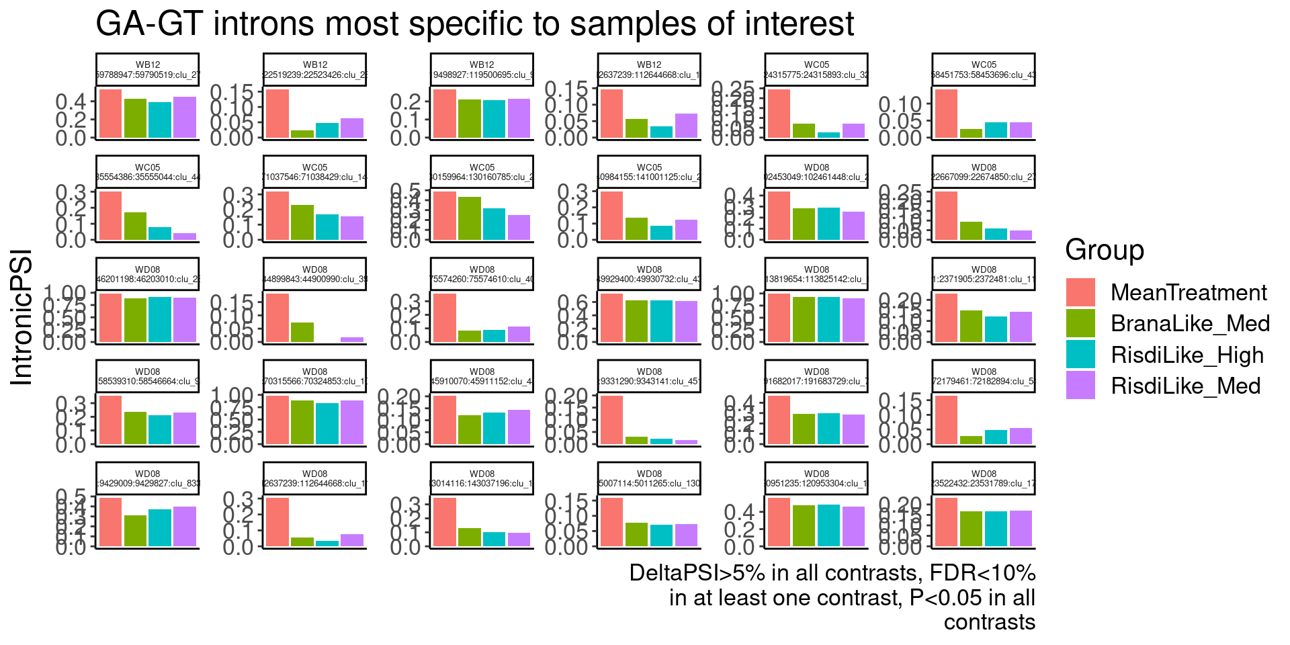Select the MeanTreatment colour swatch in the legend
(x=1080, y=292)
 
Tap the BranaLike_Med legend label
(x=1190, y=323)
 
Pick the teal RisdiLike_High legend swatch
(x=1080, y=354)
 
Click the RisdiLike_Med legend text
(x=1186, y=386)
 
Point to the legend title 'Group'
(x=1105, y=250)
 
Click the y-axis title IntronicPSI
(x=21, y=317)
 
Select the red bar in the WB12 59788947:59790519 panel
(x=110, y=114)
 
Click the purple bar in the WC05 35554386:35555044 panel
(x=185, y=236)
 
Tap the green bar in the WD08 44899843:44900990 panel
(x=302, y=332)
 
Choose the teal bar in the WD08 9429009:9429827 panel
(x=160, y=527)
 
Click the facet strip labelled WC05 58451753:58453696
(x=984, y=70)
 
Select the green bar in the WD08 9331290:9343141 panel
(x=636, y=440)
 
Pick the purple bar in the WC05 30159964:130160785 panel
(x=519, y=227)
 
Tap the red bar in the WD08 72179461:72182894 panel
(x=946, y=420)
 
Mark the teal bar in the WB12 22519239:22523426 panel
(x=327, y=130)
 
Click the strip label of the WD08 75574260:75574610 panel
(x=482, y=274)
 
